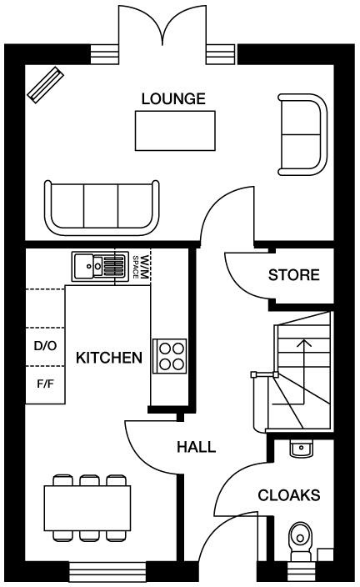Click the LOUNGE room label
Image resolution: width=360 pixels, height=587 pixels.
point(173,99)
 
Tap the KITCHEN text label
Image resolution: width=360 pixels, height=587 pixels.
point(108,358)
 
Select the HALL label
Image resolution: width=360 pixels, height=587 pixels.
point(196,447)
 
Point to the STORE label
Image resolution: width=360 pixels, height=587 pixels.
point(293,275)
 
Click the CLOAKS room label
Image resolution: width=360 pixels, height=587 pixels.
point(288,495)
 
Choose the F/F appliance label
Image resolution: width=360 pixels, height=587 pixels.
point(45,384)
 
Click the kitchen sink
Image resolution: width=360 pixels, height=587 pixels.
point(98,266)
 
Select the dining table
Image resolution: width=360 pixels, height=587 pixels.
point(88,507)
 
